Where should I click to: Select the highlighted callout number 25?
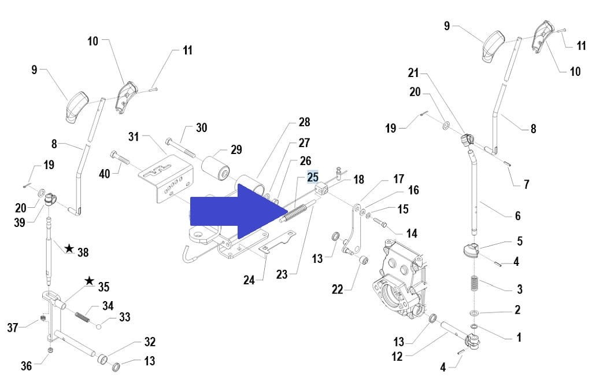tap(312, 177)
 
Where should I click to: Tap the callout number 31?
tap(134, 137)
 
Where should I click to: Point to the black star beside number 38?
tap(69, 248)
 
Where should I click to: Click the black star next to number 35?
tap(89, 281)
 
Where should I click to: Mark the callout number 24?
tap(249, 280)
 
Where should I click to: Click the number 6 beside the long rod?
tap(517, 215)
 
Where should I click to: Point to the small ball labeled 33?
tap(99, 326)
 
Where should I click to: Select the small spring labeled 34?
tap(84, 316)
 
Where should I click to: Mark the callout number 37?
tap(13, 327)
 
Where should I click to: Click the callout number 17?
tap(398, 179)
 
